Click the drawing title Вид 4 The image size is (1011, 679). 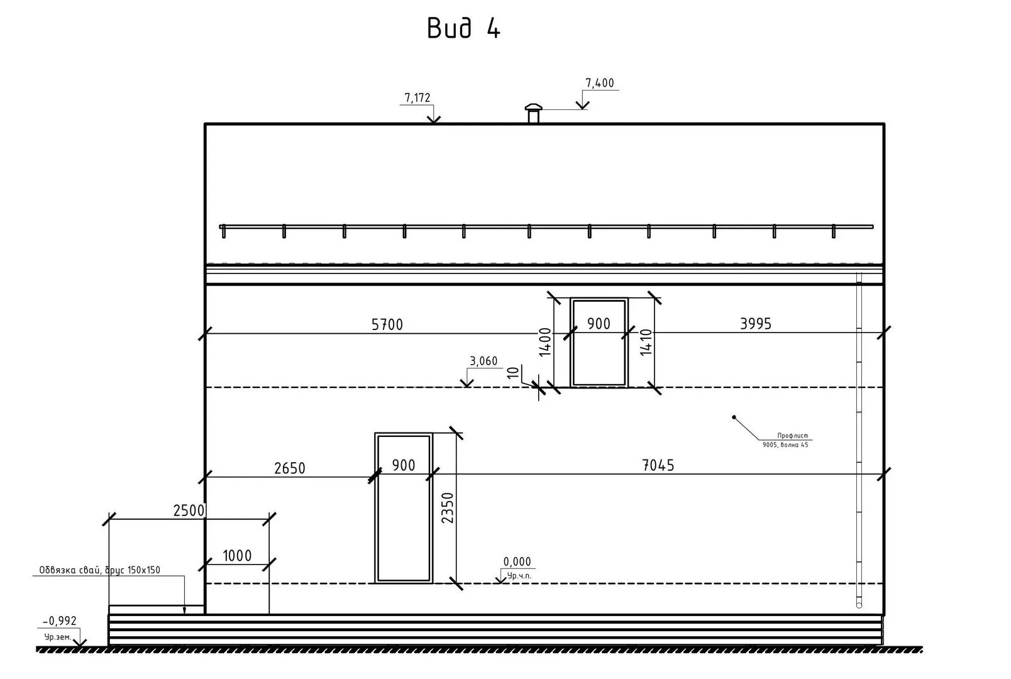click(463, 28)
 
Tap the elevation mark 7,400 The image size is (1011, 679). click(599, 83)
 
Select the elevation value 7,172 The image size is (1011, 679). click(417, 97)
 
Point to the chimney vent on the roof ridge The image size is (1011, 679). click(533, 113)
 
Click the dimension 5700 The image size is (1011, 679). click(387, 324)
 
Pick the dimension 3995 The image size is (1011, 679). click(755, 324)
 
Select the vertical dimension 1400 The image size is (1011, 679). click(545, 342)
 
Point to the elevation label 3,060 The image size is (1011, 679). click(483, 361)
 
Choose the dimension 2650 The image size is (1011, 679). click(289, 468)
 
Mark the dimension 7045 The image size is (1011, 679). click(658, 465)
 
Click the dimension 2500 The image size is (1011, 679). click(189, 511)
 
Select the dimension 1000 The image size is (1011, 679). click(237, 556)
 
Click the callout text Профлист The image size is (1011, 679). click(791, 435)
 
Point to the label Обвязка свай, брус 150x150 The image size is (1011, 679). click(99, 570)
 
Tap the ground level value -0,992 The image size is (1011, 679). click(60, 621)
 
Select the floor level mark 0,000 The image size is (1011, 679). click(517, 562)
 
